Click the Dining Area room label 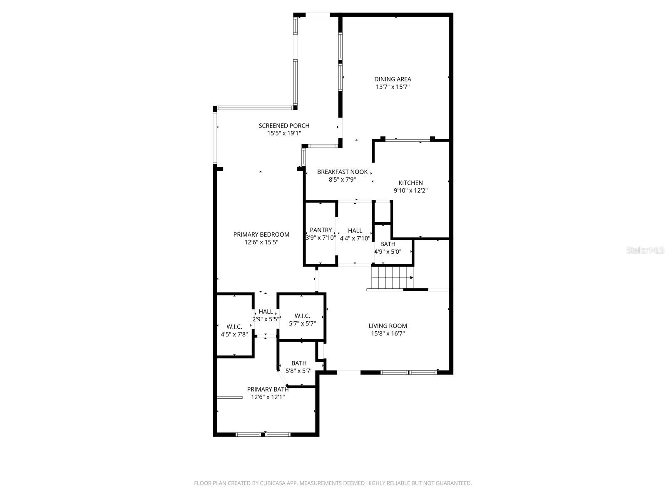[x=393, y=79]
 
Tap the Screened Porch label [x=284, y=126]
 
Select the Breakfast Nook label [x=342, y=172]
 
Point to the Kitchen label [x=410, y=183]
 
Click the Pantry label [x=321, y=230]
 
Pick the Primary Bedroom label [x=261, y=234]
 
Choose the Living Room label [x=388, y=326]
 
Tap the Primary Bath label [x=268, y=389]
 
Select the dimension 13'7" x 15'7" [x=393, y=87]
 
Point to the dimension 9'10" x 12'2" [x=410, y=191]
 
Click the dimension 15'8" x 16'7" [x=388, y=334]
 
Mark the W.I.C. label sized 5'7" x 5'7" [x=302, y=316]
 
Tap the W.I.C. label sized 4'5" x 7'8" [x=234, y=327]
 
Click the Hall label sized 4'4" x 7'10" [x=355, y=231]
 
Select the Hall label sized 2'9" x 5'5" [x=266, y=312]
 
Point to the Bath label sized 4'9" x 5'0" [x=388, y=244]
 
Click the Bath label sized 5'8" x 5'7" [x=299, y=363]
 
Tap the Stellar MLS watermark [x=645, y=250]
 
